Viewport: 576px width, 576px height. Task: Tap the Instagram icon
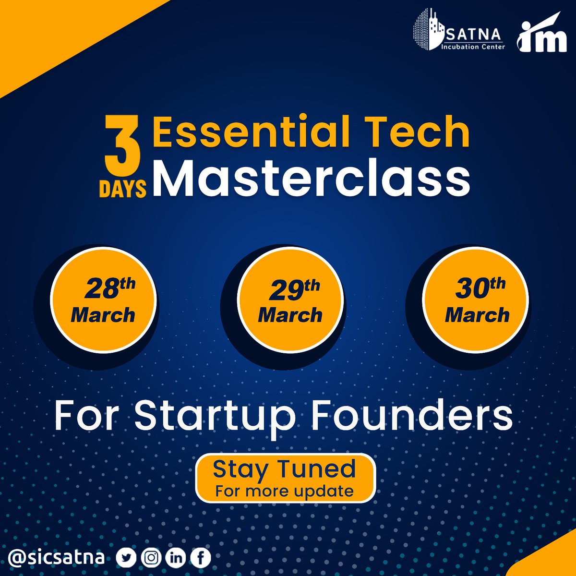[x=152, y=557]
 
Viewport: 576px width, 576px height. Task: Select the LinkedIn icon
[x=176, y=557]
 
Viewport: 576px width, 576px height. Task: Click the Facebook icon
[x=200, y=557]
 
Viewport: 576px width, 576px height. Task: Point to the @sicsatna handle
[x=57, y=557]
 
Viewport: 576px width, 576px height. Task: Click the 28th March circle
[x=104, y=301]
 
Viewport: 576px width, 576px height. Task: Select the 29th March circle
[x=290, y=301]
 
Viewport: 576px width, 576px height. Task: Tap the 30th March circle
[x=477, y=301]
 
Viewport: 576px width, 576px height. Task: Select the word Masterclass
[x=311, y=179]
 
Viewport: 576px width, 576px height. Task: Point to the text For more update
[x=285, y=491]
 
